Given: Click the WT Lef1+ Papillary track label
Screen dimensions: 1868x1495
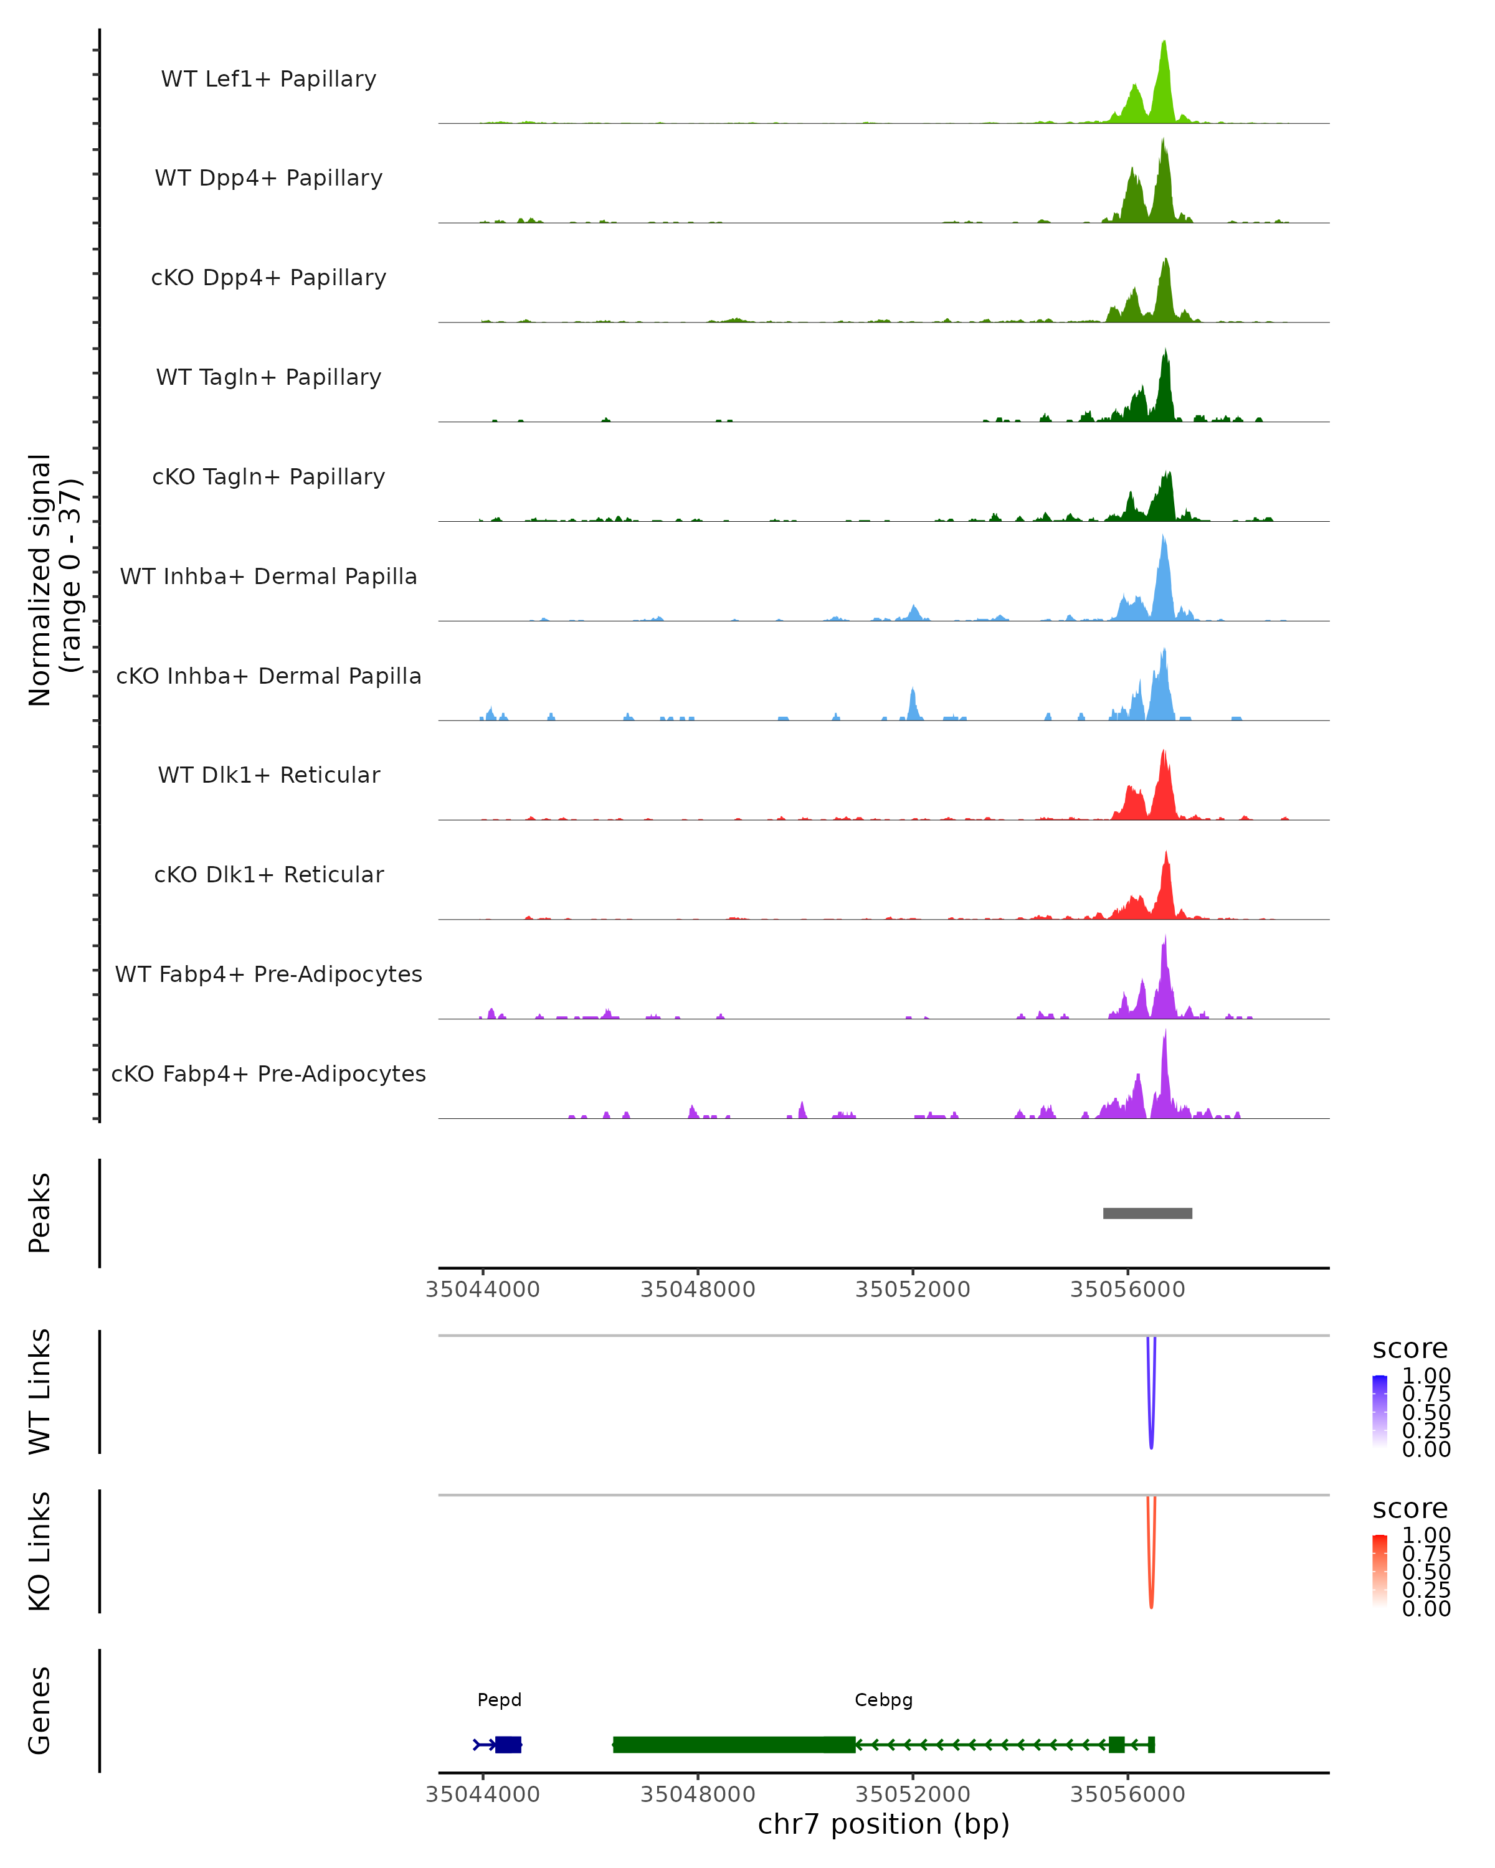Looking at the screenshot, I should click(268, 79).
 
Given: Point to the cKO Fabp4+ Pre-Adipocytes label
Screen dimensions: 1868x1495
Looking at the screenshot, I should click(268, 1073).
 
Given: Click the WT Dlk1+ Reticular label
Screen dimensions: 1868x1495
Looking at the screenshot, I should click(268, 775).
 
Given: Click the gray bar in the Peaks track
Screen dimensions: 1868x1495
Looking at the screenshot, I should click(1147, 1213).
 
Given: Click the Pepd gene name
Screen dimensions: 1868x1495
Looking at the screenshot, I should click(499, 1700).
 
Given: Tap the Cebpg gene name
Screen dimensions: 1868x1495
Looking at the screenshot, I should click(883, 1700).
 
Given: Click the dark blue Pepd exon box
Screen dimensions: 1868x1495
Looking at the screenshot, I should click(508, 1745).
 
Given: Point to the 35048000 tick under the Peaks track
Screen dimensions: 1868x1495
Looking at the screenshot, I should click(698, 1290).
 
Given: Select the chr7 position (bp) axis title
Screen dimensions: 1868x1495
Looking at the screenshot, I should click(883, 1824).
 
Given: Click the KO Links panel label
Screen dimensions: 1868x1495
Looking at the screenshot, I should click(40, 1551).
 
